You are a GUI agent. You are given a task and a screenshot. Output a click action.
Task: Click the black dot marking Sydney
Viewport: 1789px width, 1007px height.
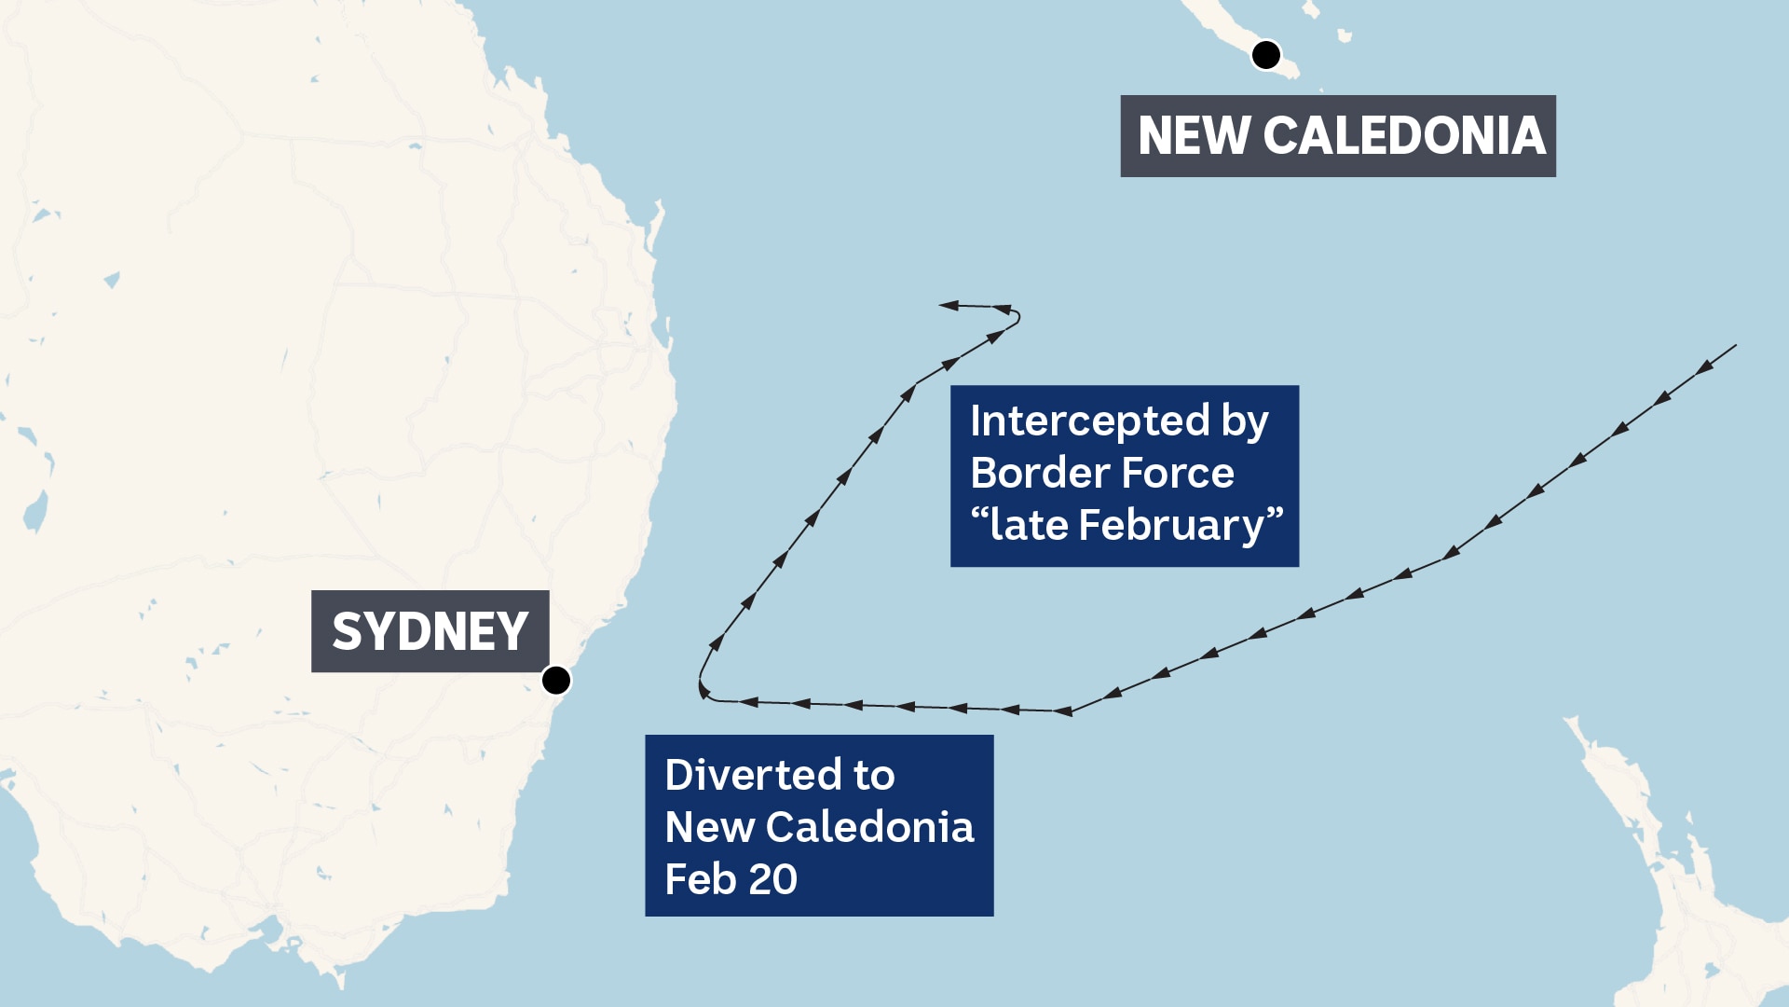tap(556, 681)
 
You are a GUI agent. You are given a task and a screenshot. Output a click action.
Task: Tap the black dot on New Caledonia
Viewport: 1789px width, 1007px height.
tap(1266, 55)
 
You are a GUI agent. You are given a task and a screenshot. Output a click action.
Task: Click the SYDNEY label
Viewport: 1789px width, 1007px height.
tap(430, 631)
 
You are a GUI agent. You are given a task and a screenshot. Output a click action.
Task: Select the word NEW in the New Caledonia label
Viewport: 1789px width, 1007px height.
tap(1194, 136)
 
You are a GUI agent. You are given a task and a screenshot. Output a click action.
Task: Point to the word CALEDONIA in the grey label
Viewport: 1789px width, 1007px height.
tap(1404, 136)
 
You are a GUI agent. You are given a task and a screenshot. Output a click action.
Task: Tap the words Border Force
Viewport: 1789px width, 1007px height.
tap(1102, 474)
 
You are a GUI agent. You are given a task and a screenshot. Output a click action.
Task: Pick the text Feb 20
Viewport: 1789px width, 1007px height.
tap(731, 879)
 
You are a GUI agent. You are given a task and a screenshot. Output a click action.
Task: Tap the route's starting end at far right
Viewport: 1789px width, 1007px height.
tap(1734, 346)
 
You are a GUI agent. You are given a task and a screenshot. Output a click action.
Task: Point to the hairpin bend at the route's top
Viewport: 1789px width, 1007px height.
tap(1017, 317)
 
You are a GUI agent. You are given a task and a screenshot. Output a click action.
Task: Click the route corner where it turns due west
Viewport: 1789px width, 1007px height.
tap(1069, 712)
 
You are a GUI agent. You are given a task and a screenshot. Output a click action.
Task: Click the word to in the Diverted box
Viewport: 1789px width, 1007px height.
tap(874, 775)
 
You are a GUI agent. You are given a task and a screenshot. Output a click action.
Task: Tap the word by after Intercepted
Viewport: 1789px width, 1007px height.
tap(1245, 421)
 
